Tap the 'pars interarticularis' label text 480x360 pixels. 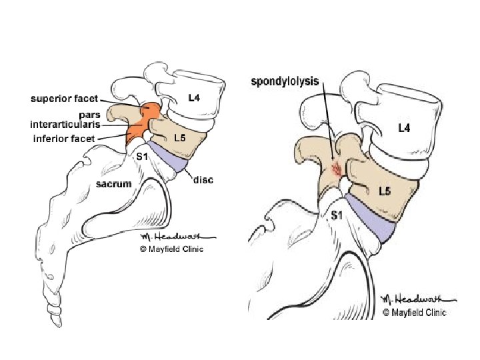pyautogui.click(x=65, y=120)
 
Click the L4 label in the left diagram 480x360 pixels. pyautogui.click(x=193, y=99)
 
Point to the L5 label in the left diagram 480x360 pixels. pyautogui.click(x=179, y=139)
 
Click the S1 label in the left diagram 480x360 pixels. pyautogui.click(x=141, y=157)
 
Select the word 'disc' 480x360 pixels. pyautogui.click(x=203, y=181)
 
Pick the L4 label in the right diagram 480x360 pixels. pyautogui.click(x=403, y=128)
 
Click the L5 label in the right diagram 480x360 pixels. pyautogui.click(x=384, y=192)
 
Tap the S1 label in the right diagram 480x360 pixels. pyautogui.click(x=338, y=215)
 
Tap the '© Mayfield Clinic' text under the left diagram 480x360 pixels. pyautogui.click(x=171, y=249)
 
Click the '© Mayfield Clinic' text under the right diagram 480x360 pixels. pyautogui.click(x=414, y=312)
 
